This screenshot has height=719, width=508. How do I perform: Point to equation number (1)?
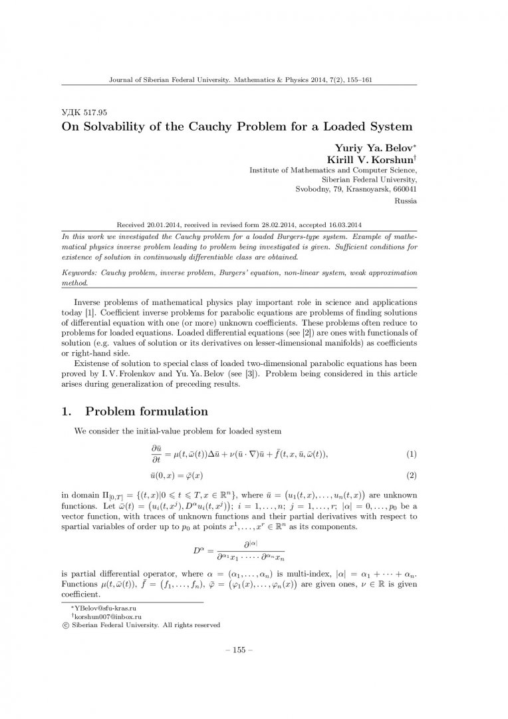coord(412,454)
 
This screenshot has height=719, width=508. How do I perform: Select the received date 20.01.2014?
coord(162,225)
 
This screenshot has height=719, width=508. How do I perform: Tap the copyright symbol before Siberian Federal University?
coord(64,625)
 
